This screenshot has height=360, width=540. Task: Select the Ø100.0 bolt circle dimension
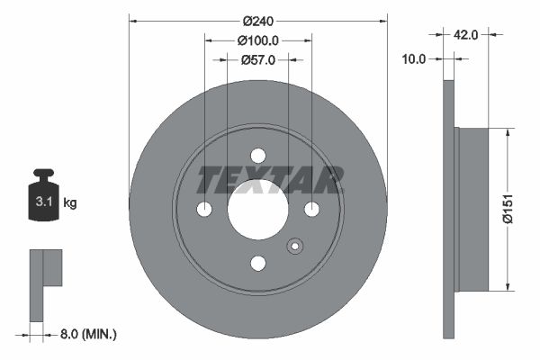257,40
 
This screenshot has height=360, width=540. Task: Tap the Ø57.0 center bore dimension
257,59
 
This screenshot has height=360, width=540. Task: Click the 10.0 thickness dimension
415,58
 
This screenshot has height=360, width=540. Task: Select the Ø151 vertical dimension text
509,210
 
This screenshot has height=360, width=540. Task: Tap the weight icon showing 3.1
43,199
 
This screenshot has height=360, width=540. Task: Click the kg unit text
69,203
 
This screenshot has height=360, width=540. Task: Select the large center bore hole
257,209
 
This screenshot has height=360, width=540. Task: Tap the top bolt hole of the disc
257,156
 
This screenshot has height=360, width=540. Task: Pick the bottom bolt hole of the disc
257,263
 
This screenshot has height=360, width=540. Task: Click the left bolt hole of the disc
204,209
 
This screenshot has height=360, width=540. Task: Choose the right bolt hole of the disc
311,209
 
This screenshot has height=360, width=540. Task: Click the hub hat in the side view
472,210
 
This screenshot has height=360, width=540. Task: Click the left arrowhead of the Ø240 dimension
134,18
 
